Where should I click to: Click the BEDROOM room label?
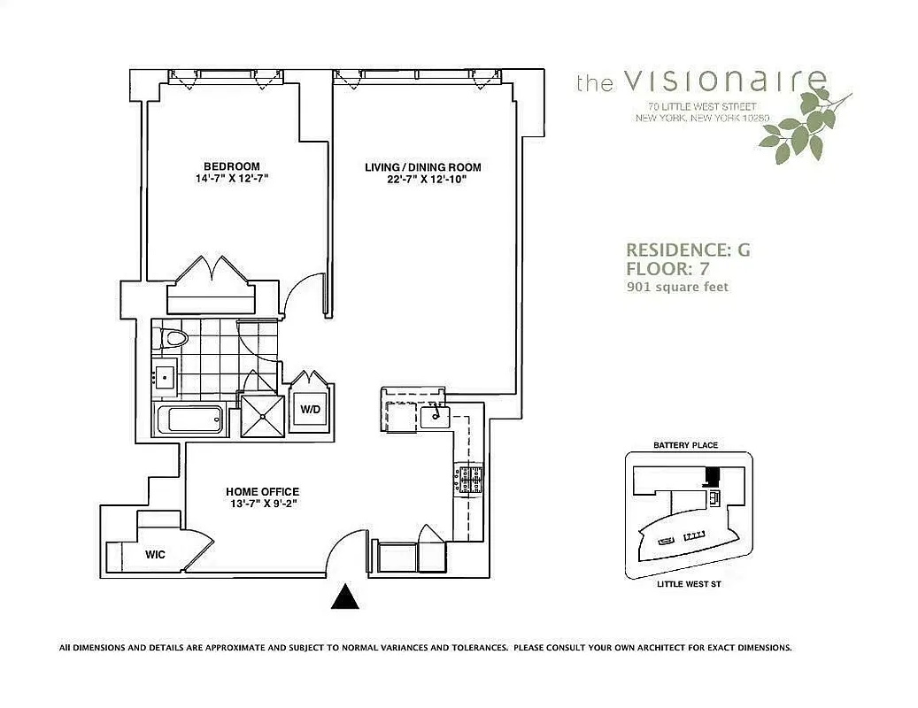point(232,166)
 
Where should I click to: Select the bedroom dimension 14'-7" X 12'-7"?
point(232,179)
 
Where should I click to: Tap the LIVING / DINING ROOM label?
point(423,167)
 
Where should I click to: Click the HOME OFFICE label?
point(262,492)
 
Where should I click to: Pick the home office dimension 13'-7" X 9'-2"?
point(262,504)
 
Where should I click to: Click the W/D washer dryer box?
point(311,410)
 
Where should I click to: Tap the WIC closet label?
point(156,555)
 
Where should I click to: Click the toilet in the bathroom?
point(170,337)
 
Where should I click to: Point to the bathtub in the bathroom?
point(189,419)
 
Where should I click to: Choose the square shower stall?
point(264,414)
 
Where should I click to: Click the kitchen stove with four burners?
point(468,481)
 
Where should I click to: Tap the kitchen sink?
point(435,413)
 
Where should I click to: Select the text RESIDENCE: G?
point(688,250)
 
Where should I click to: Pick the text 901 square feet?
point(677,287)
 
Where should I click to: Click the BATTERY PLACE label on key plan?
point(685,445)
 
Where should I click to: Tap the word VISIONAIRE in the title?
point(725,81)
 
